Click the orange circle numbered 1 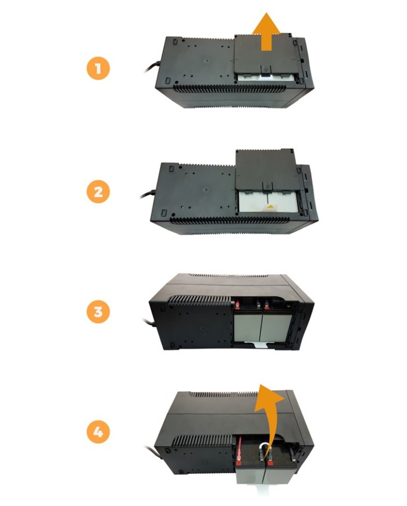click(98, 68)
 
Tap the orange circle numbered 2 click(98, 192)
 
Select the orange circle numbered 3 click(98, 312)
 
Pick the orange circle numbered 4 click(98, 432)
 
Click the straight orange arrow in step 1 click(266, 31)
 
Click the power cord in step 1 click(151, 66)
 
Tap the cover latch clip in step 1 click(264, 69)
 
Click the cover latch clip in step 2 click(266, 185)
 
